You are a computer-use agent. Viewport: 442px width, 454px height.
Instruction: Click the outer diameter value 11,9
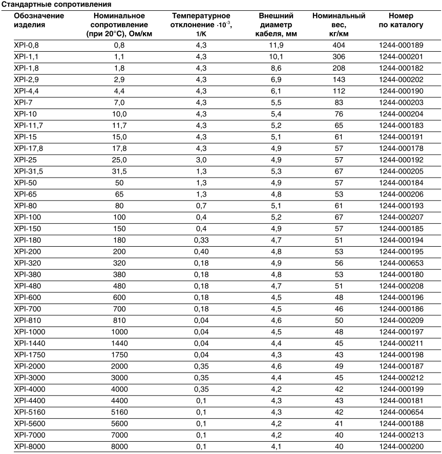click(x=276, y=45)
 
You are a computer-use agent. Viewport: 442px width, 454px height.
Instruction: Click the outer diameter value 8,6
click(x=276, y=68)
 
